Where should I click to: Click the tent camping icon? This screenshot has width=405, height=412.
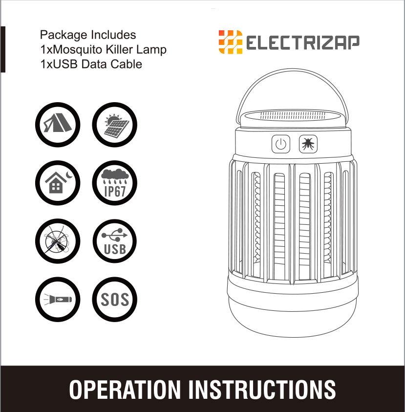click(x=58, y=125)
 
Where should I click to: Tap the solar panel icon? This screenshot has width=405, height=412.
click(x=114, y=125)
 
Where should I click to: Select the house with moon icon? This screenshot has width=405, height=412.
click(x=58, y=183)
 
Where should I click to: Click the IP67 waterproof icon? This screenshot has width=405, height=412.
click(x=114, y=183)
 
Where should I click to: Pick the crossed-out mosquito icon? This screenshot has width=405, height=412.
click(x=58, y=241)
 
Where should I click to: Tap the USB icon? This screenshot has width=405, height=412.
click(x=114, y=241)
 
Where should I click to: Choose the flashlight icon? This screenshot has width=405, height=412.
click(x=58, y=299)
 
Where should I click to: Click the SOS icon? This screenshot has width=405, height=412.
click(x=114, y=299)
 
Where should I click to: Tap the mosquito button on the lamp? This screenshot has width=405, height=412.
click(x=308, y=144)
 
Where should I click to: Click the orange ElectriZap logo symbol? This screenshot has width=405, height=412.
click(x=231, y=42)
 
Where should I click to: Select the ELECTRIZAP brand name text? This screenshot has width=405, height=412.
click(x=302, y=43)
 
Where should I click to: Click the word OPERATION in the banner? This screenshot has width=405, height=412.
click(x=125, y=390)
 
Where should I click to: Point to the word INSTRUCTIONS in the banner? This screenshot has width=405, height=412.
click(x=262, y=390)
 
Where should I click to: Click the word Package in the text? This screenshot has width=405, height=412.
click(x=64, y=35)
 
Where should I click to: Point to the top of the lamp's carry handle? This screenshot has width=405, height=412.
click(x=292, y=69)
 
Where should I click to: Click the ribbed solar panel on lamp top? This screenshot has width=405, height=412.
click(x=292, y=115)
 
